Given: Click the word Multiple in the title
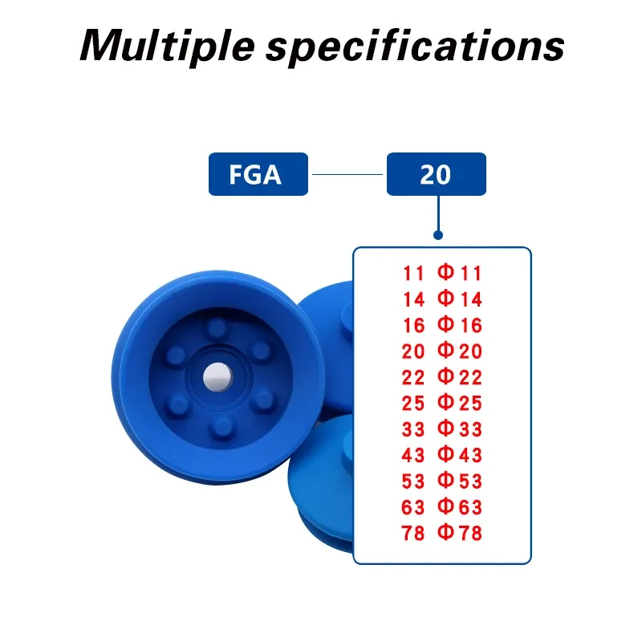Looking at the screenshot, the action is (168, 46).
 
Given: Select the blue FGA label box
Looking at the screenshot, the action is (258, 174).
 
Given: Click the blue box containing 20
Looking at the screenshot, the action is (437, 174).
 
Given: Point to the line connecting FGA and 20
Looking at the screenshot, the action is (347, 174).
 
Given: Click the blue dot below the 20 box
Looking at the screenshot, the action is (438, 235).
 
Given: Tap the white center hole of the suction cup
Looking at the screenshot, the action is (217, 376).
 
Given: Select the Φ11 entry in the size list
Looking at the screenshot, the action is (459, 273).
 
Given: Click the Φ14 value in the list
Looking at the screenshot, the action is (459, 299).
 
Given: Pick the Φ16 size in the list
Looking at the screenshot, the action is (459, 325).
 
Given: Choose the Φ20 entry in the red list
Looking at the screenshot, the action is (459, 351).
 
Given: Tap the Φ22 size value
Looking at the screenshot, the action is (459, 377).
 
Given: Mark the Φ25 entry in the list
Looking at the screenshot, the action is (459, 403).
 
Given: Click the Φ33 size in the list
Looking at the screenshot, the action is (459, 429).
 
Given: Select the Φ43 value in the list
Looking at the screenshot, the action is (459, 455).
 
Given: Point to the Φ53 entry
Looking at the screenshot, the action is (459, 481).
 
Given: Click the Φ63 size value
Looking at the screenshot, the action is (459, 507).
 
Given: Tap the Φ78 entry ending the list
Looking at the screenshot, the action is (459, 533).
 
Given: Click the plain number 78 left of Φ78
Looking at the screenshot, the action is (413, 533).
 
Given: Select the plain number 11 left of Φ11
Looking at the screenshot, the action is (413, 273).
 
